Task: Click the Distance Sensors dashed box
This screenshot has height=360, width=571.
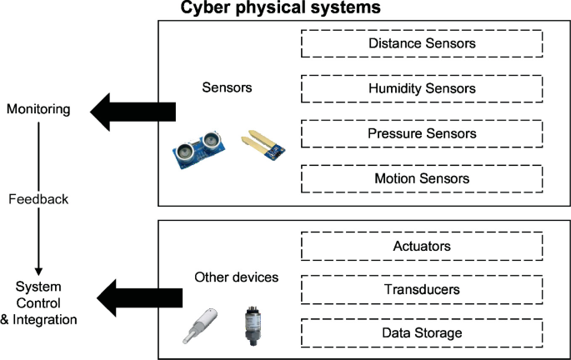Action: pyautogui.click(x=422, y=43)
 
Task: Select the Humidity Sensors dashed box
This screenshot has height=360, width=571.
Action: pyautogui.click(x=422, y=88)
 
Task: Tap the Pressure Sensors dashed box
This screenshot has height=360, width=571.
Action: pyautogui.click(x=422, y=133)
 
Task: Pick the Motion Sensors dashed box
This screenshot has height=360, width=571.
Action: pyautogui.click(x=422, y=178)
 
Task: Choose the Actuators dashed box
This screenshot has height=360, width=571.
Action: pyautogui.click(x=422, y=246)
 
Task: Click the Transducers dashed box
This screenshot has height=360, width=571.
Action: pyautogui.click(x=422, y=290)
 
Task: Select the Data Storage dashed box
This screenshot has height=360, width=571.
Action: pyautogui.click(x=422, y=333)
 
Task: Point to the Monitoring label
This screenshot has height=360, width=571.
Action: pyautogui.click(x=38, y=110)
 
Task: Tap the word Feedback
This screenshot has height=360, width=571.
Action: pyautogui.click(x=38, y=200)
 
